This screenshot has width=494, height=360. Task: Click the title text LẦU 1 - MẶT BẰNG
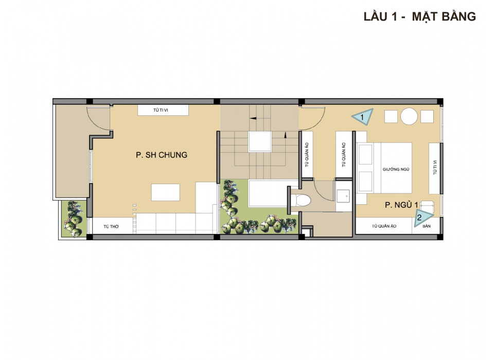coord(420,16)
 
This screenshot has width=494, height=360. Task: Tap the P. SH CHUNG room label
coord(162,155)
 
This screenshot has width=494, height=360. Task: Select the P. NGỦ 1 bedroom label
coord(401,205)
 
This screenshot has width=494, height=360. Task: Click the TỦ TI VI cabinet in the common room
coord(163,110)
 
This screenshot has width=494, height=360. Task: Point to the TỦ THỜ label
coord(111,226)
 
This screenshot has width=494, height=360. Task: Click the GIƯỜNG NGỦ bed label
coord(396,169)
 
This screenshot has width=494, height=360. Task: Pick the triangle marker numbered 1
coord(363,117)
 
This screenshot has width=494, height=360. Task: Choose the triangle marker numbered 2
coord(421,218)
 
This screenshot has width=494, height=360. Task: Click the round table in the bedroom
coord(409,117)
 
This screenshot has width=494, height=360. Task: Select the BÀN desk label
coord(427,226)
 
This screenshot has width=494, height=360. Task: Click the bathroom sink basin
coord(343,196)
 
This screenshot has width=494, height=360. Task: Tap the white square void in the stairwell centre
coord(260,142)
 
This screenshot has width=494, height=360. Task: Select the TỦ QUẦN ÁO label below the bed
coord(384,226)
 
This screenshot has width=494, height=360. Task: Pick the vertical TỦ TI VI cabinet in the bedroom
coord(434,168)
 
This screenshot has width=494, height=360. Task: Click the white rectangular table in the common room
coord(165,192)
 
